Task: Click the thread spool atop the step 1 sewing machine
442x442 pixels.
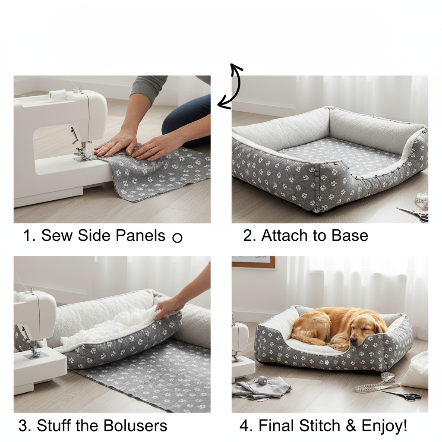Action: click(57, 95)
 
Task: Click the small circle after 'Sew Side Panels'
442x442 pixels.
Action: click(177, 237)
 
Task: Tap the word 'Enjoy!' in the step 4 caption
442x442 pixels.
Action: click(384, 426)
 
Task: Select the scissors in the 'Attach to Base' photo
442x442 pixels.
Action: click(413, 213)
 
